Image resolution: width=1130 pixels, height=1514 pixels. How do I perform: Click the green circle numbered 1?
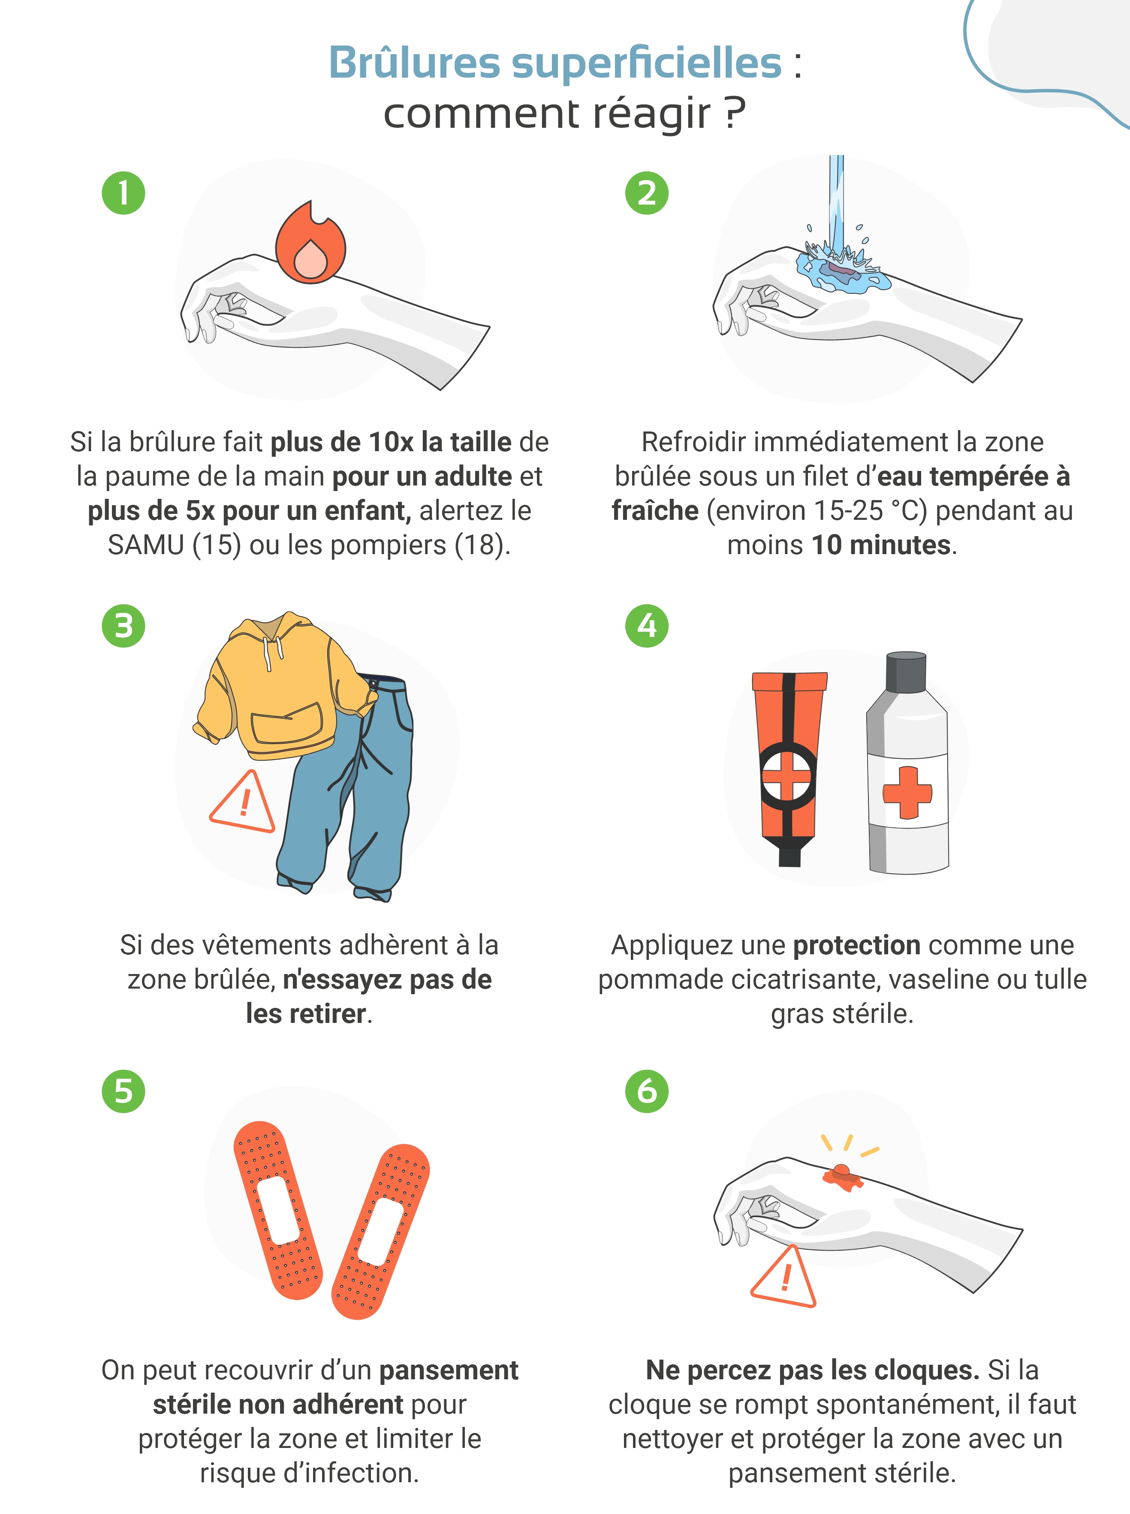click(124, 193)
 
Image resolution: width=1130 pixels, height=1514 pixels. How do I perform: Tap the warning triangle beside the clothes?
click(243, 802)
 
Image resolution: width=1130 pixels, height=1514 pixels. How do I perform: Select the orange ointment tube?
click(789, 768)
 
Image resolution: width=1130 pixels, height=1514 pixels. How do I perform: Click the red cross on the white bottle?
click(907, 792)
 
